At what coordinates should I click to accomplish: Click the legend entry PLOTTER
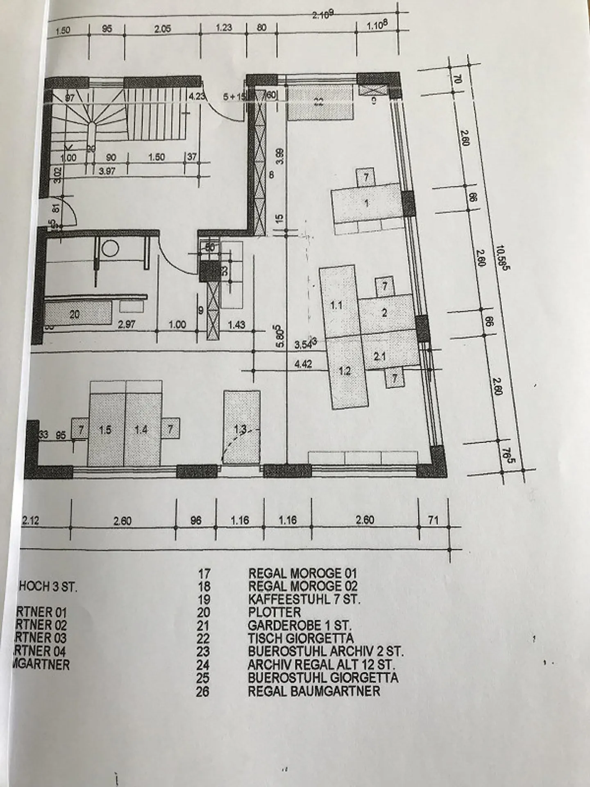[274, 612]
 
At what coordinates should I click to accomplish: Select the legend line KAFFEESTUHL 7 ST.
[304, 599]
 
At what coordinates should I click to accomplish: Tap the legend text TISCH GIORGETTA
[301, 638]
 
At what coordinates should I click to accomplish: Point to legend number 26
[202, 691]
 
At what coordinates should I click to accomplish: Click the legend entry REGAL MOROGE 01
[302, 573]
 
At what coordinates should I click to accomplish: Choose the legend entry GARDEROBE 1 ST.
[300, 626]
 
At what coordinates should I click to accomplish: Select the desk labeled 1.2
[345, 371]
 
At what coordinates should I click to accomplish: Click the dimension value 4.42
[304, 364]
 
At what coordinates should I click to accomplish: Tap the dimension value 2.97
[127, 325]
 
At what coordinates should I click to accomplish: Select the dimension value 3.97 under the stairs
[107, 172]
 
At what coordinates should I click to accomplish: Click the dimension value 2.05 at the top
[163, 29]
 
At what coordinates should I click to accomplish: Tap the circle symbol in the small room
[110, 248]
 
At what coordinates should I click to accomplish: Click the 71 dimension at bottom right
[433, 520]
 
